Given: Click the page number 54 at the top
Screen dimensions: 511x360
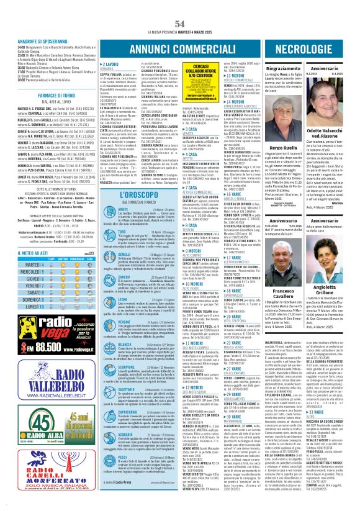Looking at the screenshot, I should [180, 7].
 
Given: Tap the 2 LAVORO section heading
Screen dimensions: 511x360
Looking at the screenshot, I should [111, 64].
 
